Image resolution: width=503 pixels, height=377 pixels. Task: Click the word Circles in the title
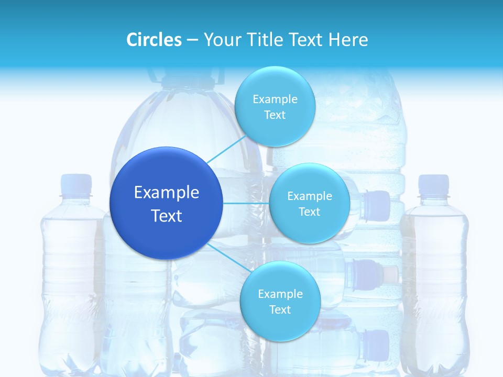point(154,40)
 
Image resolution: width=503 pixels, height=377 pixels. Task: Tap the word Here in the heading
point(348,40)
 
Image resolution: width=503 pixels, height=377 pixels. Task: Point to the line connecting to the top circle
point(226,149)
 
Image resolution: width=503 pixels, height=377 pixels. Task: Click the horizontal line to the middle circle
point(246,203)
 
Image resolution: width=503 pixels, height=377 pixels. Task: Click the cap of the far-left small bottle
point(76,185)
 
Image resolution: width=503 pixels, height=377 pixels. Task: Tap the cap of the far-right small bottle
point(433,185)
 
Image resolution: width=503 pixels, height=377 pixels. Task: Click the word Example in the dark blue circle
point(166,193)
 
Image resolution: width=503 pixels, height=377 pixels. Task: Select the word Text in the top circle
point(275,115)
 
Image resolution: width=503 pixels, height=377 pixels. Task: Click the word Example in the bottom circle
point(280,294)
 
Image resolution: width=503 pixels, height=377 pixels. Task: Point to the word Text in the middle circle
point(309,212)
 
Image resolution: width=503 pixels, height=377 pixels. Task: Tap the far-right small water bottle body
point(434,283)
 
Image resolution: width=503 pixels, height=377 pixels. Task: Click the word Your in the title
point(220,40)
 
